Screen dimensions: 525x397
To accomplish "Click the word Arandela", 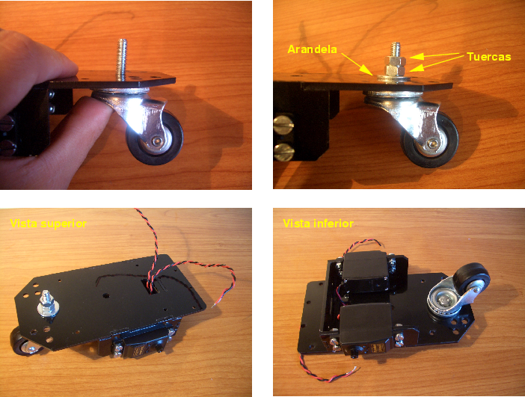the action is (x=312, y=49).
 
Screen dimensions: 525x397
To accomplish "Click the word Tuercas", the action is (x=489, y=57).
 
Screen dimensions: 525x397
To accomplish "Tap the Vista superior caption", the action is (x=48, y=224).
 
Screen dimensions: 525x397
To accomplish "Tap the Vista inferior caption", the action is (x=318, y=224).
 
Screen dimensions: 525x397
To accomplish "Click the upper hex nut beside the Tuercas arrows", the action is (x=395, y=61).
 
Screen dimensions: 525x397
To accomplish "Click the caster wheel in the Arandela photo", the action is (x=430, y=141).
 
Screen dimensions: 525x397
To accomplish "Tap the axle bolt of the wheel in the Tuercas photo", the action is (x=431, y=144).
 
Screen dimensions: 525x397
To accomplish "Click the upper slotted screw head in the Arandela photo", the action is (x=283, y=125).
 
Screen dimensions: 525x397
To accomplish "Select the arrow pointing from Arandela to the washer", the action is (x=357, y=64).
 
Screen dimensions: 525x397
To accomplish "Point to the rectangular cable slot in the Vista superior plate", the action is (x=150, y=286).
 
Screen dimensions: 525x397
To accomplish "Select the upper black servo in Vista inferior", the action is (x=366, y=271).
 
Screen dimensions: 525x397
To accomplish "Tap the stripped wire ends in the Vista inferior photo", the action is (x=353, y=369).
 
